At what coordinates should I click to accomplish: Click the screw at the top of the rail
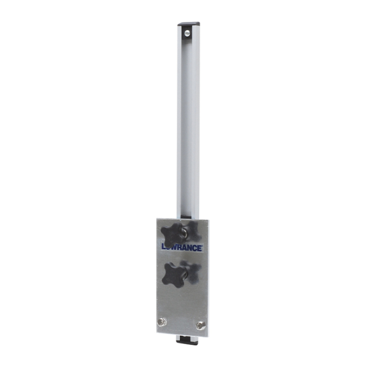click(187, 30)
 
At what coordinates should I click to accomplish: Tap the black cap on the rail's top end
click(187, 24)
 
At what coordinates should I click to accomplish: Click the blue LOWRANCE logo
click(182, 246)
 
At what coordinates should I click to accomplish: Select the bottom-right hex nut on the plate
click(202, 325)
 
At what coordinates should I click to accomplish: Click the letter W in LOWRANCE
click(175, 246)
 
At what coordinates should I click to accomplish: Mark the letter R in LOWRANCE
click(181, 246)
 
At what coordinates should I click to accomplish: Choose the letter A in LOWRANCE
click(187, 246)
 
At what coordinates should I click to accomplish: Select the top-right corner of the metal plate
click(207, 219)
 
